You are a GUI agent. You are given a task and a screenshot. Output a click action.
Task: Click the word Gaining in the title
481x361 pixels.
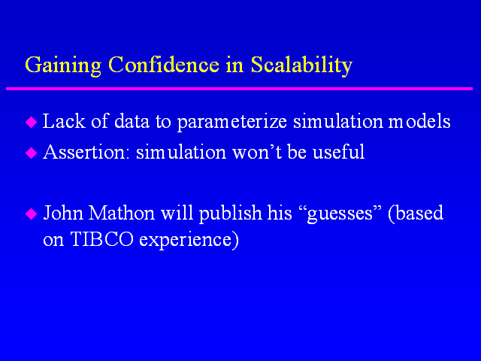point(63,65)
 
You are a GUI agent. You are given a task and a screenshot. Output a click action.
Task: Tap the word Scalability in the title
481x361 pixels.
point(301,65)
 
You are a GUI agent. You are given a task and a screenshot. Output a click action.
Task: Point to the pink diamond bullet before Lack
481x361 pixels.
point(32,122)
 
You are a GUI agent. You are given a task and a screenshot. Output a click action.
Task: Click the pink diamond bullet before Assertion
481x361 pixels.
point(32,153)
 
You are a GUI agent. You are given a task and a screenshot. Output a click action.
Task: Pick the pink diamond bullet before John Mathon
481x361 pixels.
point(32,214)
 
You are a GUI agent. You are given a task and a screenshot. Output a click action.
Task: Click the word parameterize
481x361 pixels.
point(232,122)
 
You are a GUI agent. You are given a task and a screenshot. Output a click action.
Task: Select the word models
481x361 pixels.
point(419,120)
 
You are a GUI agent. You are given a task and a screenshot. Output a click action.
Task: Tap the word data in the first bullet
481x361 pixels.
point(132,120)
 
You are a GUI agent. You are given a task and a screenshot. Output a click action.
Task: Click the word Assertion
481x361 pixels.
point(84,152)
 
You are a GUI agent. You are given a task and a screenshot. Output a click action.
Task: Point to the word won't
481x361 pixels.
point(257,152)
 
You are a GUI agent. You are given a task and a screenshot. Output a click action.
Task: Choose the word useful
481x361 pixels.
point(339,151)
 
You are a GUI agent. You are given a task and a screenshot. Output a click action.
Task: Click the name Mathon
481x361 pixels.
point(122,212)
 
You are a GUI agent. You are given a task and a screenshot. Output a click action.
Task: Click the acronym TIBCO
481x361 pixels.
point(102,239)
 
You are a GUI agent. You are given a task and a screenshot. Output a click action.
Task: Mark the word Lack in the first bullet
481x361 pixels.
point(64,120)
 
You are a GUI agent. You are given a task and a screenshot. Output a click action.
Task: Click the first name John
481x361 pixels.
point(63,212)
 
